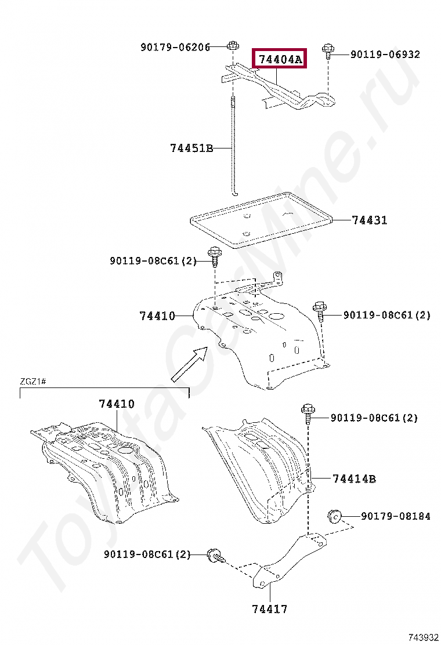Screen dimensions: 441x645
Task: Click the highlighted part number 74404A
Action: (280, 59)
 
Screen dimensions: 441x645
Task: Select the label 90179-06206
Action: (175, 47)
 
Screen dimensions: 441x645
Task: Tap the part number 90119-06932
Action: (385, 55)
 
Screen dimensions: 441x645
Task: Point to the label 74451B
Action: (191, 148)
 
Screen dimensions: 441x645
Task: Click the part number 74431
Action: (369, 220)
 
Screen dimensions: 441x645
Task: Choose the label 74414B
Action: (354, 479)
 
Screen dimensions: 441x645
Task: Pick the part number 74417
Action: (270, 609)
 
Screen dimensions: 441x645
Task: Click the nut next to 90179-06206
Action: (232, 46)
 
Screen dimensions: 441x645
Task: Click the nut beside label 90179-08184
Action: (334, 514)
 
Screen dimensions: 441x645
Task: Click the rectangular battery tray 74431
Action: (261, 223)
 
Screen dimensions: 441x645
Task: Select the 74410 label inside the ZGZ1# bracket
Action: (116, 404)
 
